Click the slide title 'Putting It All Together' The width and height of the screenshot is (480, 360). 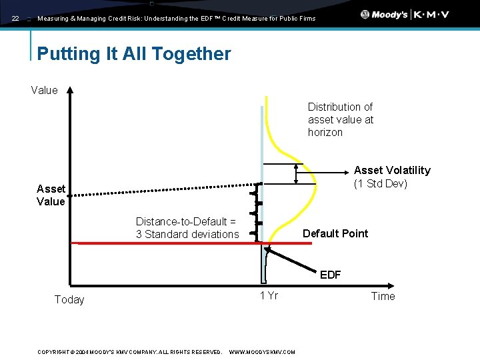click(x=134, y=54)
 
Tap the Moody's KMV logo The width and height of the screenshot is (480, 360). click(x=405, y=15)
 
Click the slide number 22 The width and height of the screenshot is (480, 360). click(x=15, y=19)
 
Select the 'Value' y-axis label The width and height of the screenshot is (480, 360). click(x=44, y=90)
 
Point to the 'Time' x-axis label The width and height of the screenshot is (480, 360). click(x=383, y=296)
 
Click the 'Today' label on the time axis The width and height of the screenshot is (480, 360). click(x=69, y=299)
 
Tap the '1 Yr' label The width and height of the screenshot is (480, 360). click(x=269, y=295)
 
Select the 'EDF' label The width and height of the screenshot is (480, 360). click(x=330, y=274)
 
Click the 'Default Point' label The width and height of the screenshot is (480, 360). click(x=335, y=233)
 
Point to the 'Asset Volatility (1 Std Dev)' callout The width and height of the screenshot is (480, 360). click(x=391, y=177)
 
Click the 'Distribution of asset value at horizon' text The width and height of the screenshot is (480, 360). click(x=340, y=119)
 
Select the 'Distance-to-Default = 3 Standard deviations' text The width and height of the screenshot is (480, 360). click(x=187, y=227)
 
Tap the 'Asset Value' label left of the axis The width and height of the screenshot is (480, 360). click(x=51, y=195)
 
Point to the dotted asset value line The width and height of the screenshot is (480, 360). click(x=167, y=189)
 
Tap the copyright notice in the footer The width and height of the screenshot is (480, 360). click(x=129, y=351)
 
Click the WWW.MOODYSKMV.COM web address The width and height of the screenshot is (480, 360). click(x=261, y=351)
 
